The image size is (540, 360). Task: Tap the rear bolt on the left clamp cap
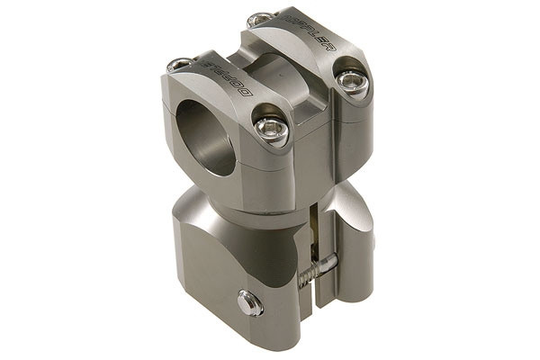[178, 65]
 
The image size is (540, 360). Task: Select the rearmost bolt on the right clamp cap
[259, 19]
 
